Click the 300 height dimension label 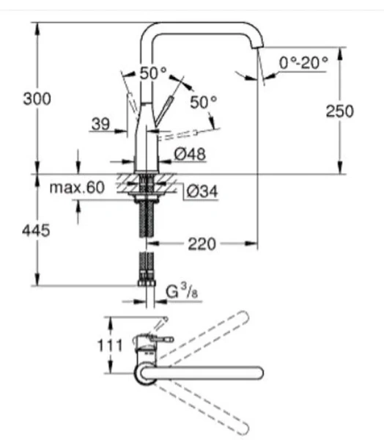coord(37,98)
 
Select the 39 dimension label coord(100,125)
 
